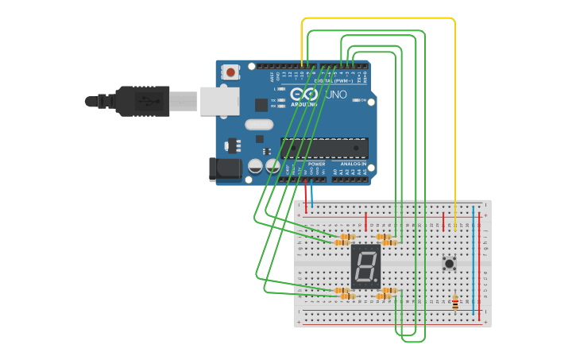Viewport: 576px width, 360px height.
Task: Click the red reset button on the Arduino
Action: click(x=230, y=72)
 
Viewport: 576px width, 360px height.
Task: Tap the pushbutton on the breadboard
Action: click(x=449, y=262)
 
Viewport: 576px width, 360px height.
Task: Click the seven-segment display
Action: click(x=365, y=266)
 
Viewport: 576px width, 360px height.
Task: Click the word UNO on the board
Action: click(x=336, y=95)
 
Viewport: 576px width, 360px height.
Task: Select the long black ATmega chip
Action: click(x=324, y=148)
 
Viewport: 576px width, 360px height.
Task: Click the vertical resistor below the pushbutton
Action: click(x=455, y=302)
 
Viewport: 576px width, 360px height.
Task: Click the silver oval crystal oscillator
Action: click(x=259, y=124)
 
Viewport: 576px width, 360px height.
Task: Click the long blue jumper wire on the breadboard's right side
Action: click(x=474, y=262)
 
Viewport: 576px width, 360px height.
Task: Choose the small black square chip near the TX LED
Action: click(x=261, y=104)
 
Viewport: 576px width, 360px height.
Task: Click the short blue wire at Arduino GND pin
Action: click(x=312, y=195)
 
